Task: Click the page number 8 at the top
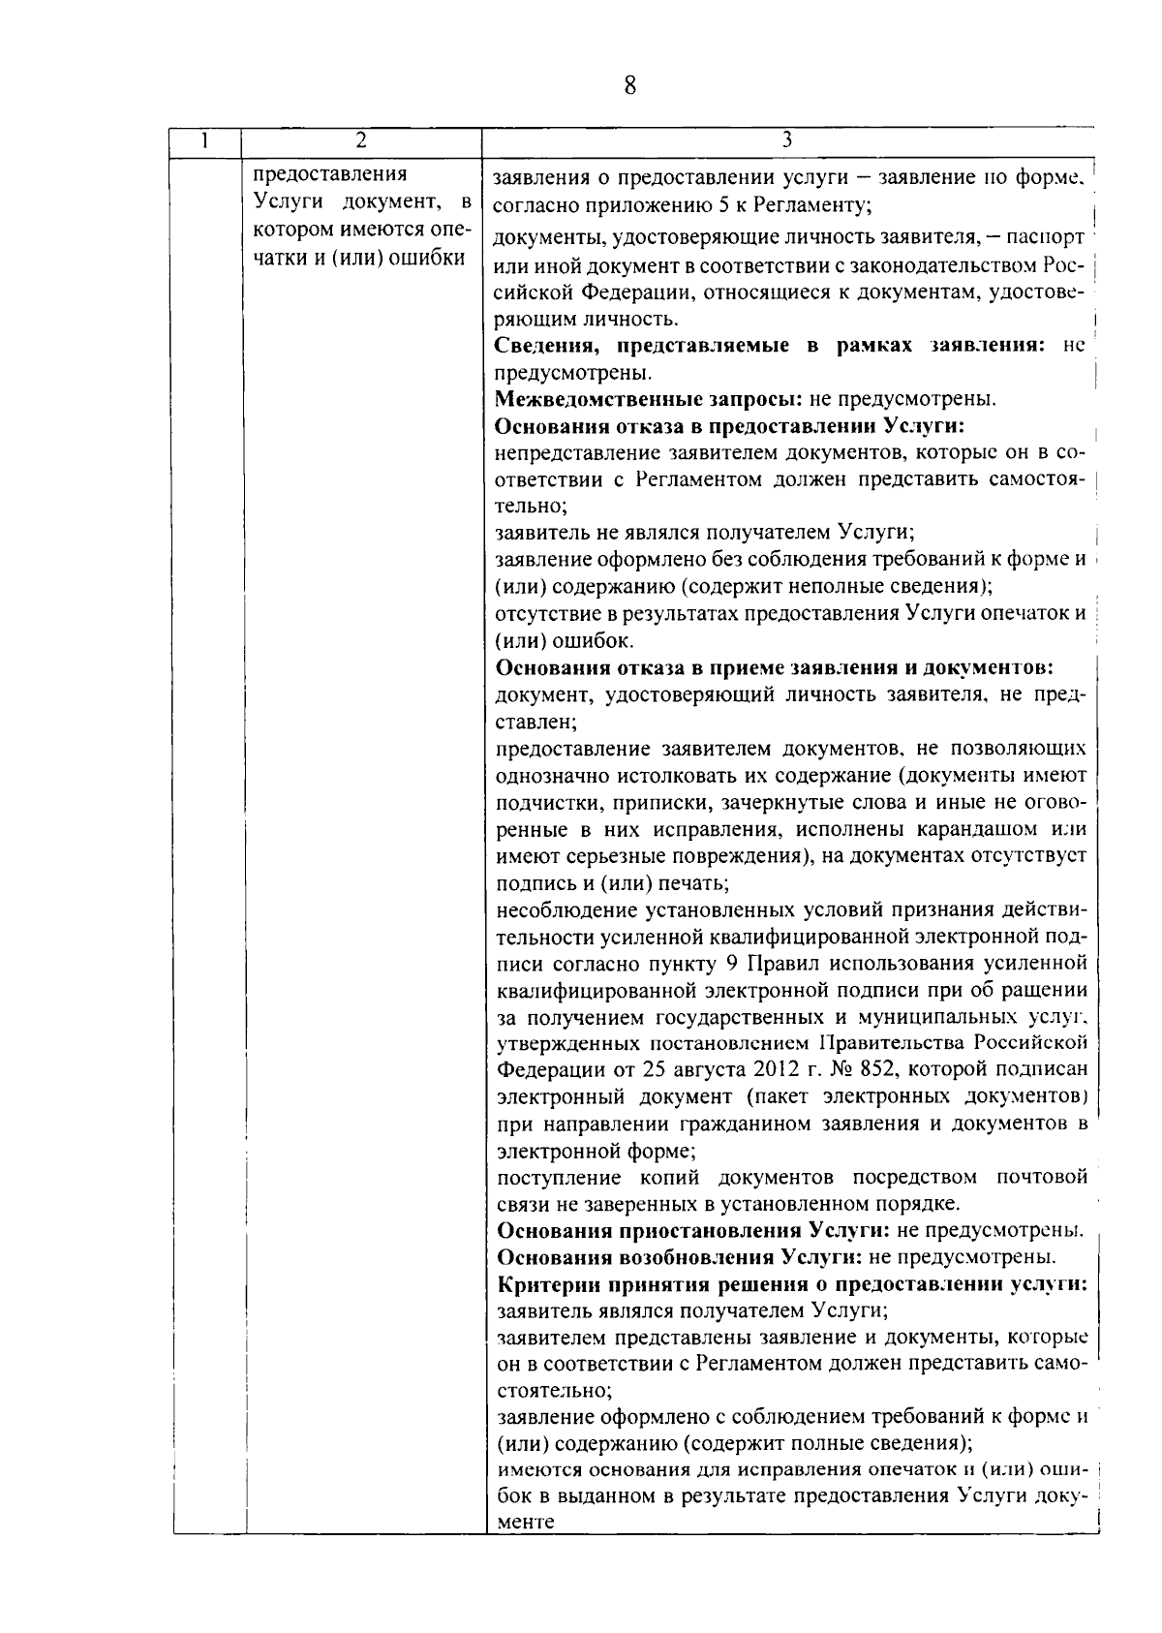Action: [x=629, y=86]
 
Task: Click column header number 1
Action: [x=205, y=141]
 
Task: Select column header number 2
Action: [x=360, y=141]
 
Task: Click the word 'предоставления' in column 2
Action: [x=329, y=175]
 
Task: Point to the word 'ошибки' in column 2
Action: [x=428, y=259]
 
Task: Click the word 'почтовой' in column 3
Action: [x=1040, y=1178]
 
